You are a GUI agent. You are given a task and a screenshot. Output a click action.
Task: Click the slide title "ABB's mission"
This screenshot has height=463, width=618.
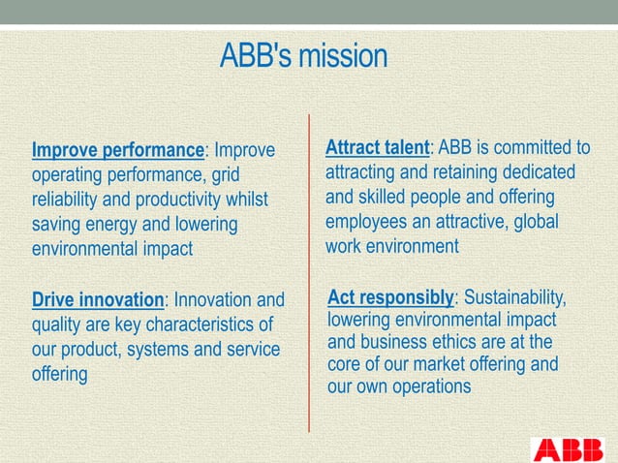(303, 56)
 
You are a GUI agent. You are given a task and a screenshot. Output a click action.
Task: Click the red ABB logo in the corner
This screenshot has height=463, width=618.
(572, 450)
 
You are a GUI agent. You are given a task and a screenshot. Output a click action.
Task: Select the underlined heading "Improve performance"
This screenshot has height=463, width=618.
(118, 151)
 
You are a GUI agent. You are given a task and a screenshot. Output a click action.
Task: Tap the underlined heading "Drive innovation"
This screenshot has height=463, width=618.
(98, 299)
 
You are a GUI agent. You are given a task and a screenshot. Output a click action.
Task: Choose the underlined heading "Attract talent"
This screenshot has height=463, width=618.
(377, 148)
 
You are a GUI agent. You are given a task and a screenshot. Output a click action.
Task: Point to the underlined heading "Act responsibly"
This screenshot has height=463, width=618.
(390, 296)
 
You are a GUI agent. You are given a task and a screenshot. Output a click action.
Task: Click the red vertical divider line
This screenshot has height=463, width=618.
(309, 271)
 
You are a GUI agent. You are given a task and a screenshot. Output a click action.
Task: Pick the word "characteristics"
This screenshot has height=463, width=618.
(214, 324)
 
